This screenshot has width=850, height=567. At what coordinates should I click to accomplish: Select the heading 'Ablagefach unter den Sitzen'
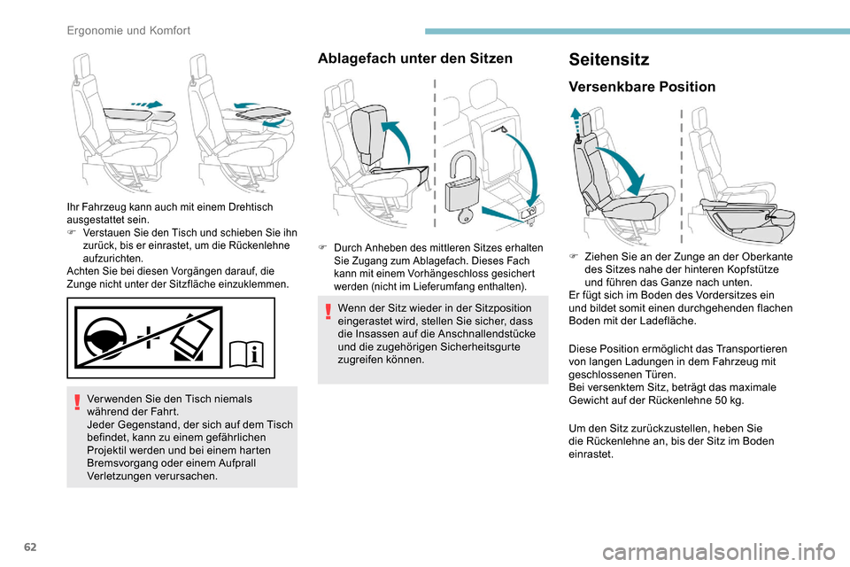pyautogui.click(x=414, y=58)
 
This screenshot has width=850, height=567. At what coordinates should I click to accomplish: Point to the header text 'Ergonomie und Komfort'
pyautogui.click(x=129, y=30)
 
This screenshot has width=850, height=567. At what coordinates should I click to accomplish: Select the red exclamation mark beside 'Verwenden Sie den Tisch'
pyautogui.click(x=76, y=400)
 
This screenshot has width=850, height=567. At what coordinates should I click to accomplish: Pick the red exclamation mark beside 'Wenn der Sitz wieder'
pyautogui.click(x=327, y=309)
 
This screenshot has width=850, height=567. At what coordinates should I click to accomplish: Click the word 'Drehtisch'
pyautogui.click(x=249, y=206)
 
